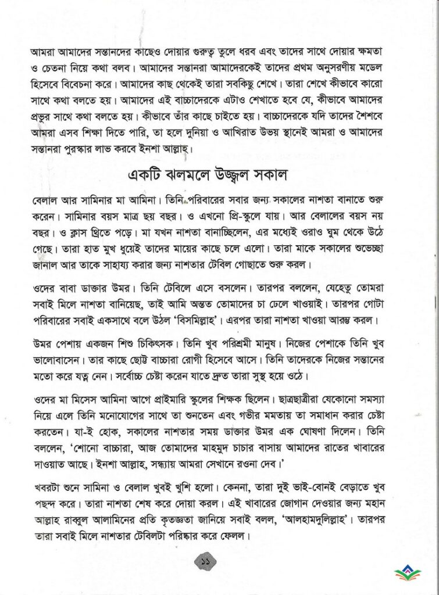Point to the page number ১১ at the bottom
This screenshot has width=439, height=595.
click(x=205, y=562)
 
